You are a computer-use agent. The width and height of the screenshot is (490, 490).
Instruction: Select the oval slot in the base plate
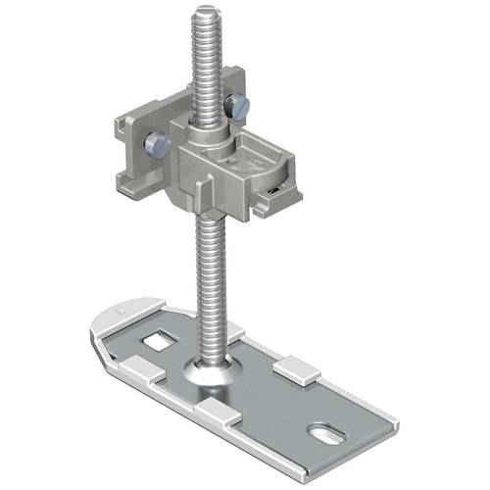pyautogui.click(x=324, y=431)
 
